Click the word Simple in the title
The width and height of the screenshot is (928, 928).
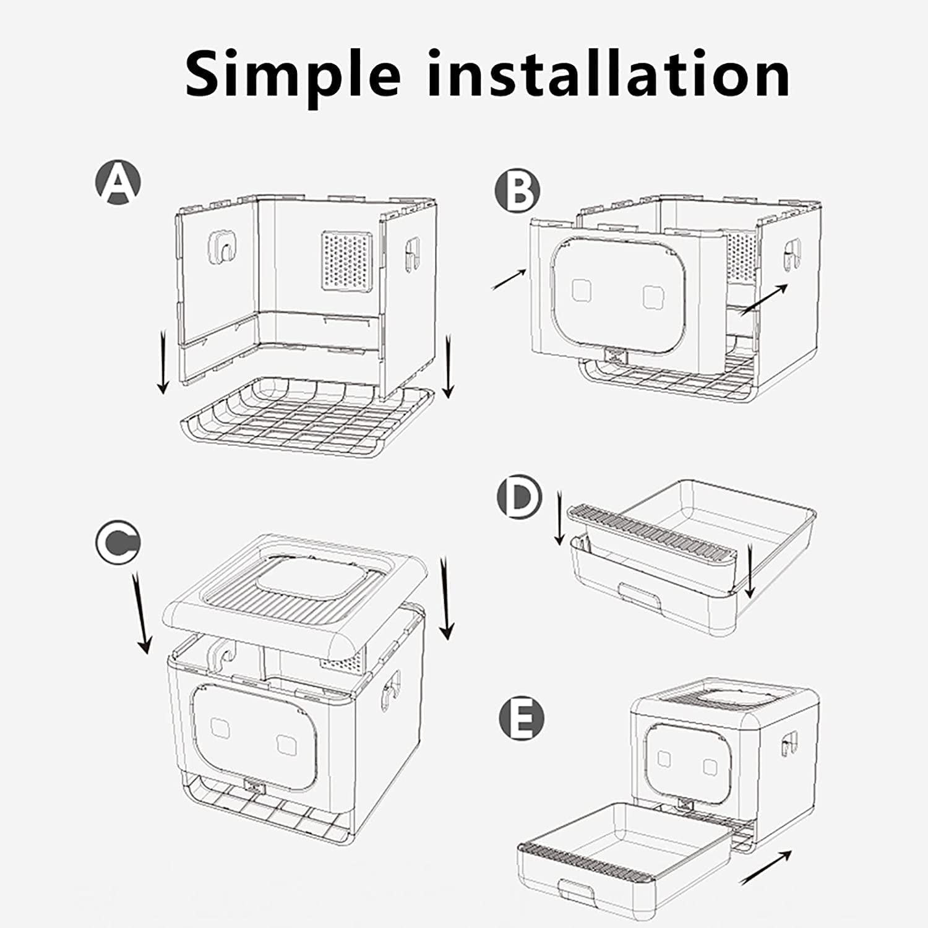tap(294, 74)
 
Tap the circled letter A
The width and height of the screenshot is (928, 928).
tap(118, 183)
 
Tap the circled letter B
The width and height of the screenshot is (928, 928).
tap(517, 191)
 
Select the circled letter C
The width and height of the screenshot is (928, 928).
tap(118, 542)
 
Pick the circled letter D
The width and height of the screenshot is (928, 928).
tap(519, 497)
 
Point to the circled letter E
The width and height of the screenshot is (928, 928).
tap(522, 718)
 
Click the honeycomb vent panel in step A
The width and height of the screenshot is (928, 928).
tap(346, 260)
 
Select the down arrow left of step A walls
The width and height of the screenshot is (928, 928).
tap(163, 362)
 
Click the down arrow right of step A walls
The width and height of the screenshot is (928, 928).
tap(449, 365)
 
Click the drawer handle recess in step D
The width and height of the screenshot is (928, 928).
tap(640, 598)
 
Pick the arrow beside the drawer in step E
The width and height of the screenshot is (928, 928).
tap(765, 867)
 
